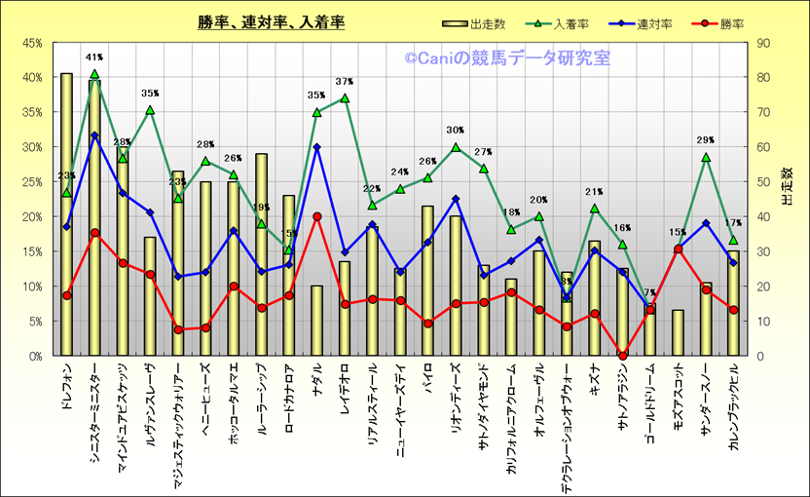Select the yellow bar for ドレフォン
coord(66,214)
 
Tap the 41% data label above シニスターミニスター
coord(94,57)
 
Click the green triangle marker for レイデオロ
coord(345,98)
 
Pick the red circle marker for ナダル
coord(316,216)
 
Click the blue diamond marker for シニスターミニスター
coord(94,135)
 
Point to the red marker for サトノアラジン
coord(622,355)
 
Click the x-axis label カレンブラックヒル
coord(733,414)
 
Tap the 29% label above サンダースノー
coord(706,140)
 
